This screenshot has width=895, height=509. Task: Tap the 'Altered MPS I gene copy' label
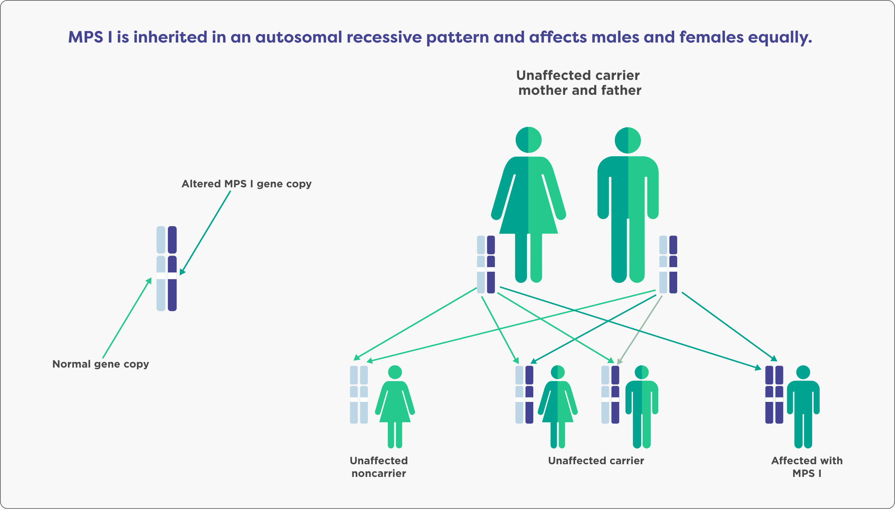coord(246,184)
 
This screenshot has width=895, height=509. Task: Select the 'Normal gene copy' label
coord(101,364)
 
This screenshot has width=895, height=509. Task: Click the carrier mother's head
coord(528,140)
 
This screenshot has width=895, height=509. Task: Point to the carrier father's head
coord(628,140)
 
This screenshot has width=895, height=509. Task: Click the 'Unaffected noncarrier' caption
coord(379,467)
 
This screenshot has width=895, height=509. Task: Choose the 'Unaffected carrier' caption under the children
coord(596,461)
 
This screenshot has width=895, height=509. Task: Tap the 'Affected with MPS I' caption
coord(807,467)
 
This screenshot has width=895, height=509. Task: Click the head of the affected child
coord(803,372)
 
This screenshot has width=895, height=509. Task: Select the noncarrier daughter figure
coord(395,407)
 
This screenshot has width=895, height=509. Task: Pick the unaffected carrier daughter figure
coord(558,407)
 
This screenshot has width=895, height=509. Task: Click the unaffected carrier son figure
coord(641,407)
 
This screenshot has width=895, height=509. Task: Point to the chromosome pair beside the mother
coord(486,264)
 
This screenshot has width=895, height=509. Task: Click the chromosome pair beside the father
coord(668,264)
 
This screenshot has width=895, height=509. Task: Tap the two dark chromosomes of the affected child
coord(774,395)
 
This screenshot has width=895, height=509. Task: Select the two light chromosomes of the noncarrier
coord(359,395)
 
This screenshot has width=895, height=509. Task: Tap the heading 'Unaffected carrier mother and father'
coord(579,83)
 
